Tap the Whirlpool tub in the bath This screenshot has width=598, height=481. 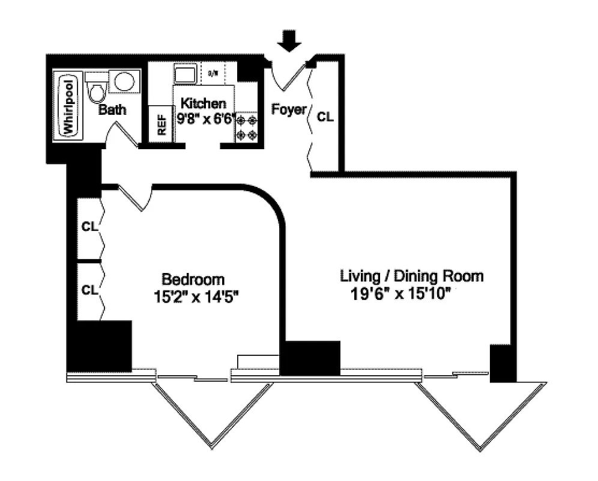67,105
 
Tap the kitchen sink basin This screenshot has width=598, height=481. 184,75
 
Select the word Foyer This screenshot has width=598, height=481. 289,110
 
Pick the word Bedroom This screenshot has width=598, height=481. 193,280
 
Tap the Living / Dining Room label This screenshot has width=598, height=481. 412,277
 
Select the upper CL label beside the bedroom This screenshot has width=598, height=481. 89,227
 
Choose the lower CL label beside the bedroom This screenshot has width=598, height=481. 89,290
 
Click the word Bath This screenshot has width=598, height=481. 112,110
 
